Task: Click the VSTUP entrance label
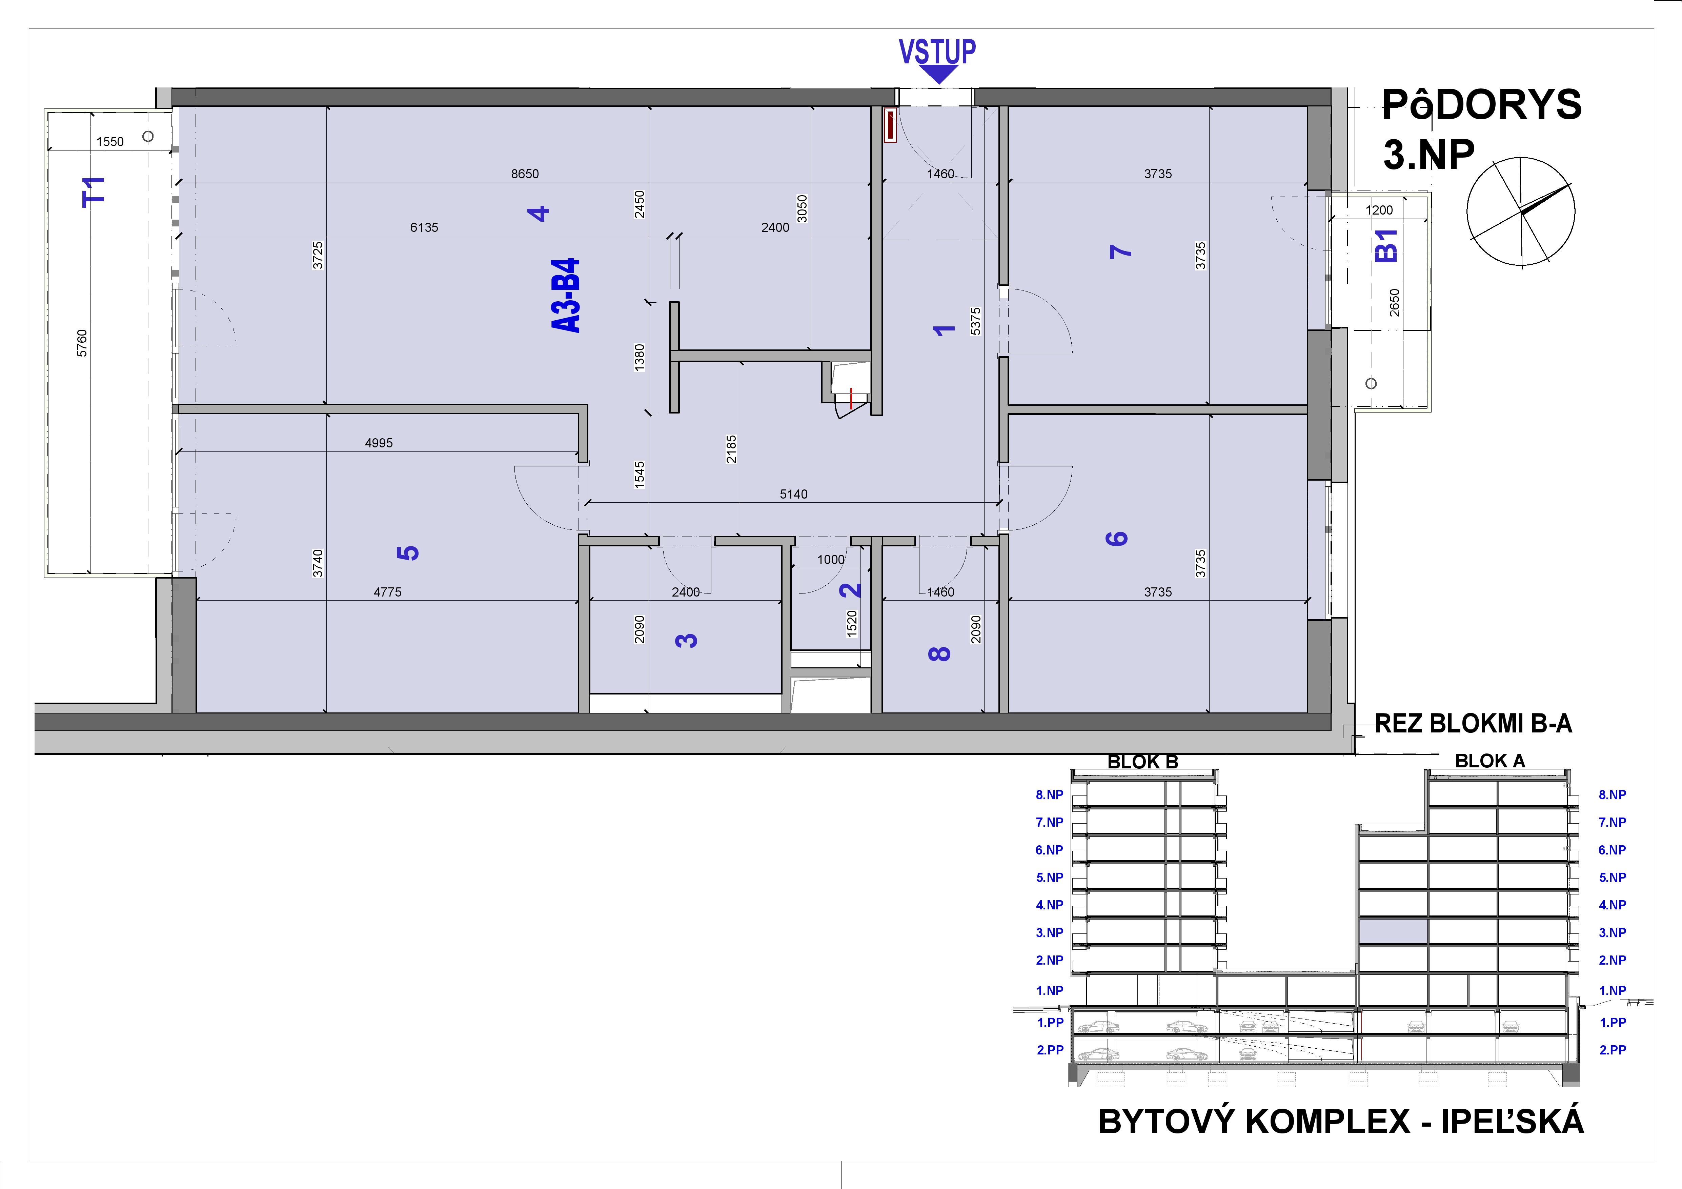pos(937,52)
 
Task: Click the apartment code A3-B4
pos(566,296)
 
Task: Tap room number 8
pos(939,653)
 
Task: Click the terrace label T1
pos(95,192)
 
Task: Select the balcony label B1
pos(1387,245)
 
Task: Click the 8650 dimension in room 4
pos(525,174)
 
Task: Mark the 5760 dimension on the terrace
pos(82,343)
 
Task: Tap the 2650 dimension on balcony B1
pos(1394,303)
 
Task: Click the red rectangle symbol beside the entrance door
pos(890,125)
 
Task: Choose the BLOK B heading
pos(1143,762)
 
